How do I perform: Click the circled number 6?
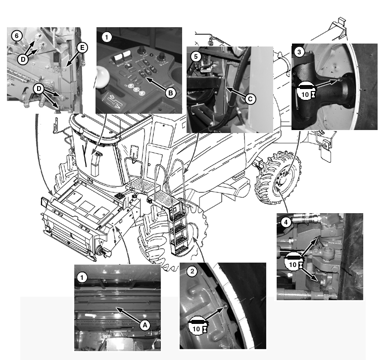pyautogui.click(x=17, y=36)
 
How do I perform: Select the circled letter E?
pyautogui.click(x=82, y=48)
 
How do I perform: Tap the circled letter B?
pyautogui.click(x=170, y=93)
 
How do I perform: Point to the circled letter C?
pyautogui.click(x=250, y=99)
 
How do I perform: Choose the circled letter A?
pyautogui.click(x=145, y=325)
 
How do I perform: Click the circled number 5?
pyautogui.click(x=195, y=57)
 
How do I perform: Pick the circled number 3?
pyautogui.click(x=299, y=52)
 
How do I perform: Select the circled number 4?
pyautogui.click(x=286, y=223)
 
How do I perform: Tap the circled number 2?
pyautogui.click(x=193, y=271)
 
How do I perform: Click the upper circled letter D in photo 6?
pyautogui.click(x=23, y=59)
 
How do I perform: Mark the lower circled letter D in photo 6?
pyautogui.click(x=39, y=89)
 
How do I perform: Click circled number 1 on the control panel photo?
pyautogui.click(x=106, y=38)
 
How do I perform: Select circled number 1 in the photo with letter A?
pyautogui.click(x=82, y=278)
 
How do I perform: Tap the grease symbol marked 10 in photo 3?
pyautogui.click(x=305, y=90)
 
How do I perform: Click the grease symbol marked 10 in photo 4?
pyautogui.click(x=293, y=261)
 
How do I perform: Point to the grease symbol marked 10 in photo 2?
pyautogui.click(x=197, y=325)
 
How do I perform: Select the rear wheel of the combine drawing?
pyautogui.click(x=278, y=178)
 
